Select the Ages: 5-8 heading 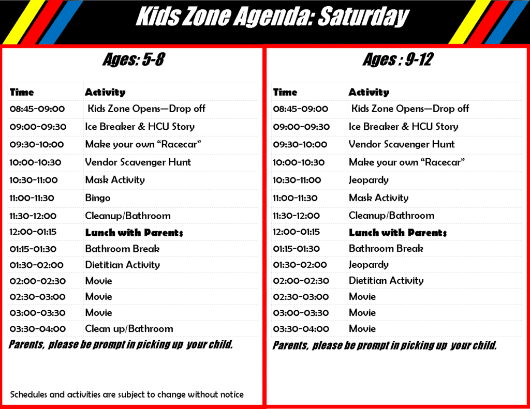[134, 59]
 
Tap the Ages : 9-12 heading [398, 59]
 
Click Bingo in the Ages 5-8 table [98, 198]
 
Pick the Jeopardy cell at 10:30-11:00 [369, 180]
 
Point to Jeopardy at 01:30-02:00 [369, 264]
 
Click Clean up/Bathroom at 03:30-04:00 [129, 329]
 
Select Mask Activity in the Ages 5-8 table [115, 179]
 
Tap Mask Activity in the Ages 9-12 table [378, 198]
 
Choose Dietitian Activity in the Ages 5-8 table [122, 265]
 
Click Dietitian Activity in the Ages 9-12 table [386, 280]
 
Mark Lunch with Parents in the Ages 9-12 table [398, 232]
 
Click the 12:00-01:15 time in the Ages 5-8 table [33, 232]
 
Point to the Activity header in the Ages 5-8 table [105, 92]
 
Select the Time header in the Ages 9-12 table [285, 92]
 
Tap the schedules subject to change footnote [127, 395]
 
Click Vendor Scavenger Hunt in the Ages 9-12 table [402, 144]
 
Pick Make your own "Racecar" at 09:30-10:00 [143, 144]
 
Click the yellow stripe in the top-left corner [24, 22]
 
